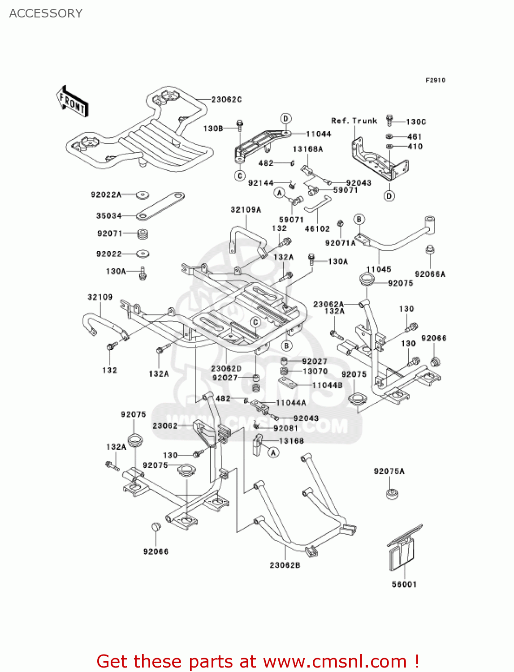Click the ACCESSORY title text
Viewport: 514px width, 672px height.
pos(46,13)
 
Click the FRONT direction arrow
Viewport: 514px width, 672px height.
pos(72,102)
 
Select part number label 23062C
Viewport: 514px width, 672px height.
pos(226,99)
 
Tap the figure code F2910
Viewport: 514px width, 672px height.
pos(435,80)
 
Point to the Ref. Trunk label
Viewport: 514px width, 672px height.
pos(354,121)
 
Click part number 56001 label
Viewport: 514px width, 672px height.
pos(404,584)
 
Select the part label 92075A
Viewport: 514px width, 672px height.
pos(389,471)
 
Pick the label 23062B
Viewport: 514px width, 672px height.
pos(285,565)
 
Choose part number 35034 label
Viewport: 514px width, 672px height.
pos(109,216)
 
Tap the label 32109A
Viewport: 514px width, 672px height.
pos(246,210)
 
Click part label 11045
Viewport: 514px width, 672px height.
pos(379,269)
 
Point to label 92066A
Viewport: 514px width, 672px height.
pos(430,274)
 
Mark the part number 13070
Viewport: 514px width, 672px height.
pos(315,371)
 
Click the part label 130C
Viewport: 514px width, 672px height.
pos(416,122)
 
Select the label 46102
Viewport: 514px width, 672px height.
pos(317,229)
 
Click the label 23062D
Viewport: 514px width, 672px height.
pos(226,369)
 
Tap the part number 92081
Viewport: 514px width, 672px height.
pos(285,428)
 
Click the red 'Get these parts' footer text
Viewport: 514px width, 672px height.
pos(258,662)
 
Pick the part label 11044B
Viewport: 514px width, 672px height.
pos(327,385)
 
